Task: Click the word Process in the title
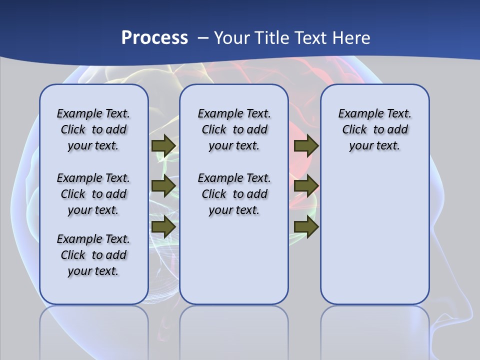(x=154, y=38)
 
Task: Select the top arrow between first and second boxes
(x=163, y=145)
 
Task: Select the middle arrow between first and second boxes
(x=163, y=186)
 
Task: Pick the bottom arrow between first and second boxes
(x=163, y=226)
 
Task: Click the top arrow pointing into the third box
(x=306, y=145)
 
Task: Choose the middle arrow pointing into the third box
(x=306, y=186)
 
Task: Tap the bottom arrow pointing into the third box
(x=306, y=226)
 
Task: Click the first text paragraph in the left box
(x=93, y=129)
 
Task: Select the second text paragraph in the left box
(x=93, y=194)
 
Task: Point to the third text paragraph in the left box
(x=93, y=255)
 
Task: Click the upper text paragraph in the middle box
(x=234, y=129)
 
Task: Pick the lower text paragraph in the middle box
(x=234, y=194)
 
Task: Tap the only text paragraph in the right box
(x=374, y=129)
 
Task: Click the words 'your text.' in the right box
(x=374, y=146)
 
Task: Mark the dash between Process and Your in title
(x=203, y=38)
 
